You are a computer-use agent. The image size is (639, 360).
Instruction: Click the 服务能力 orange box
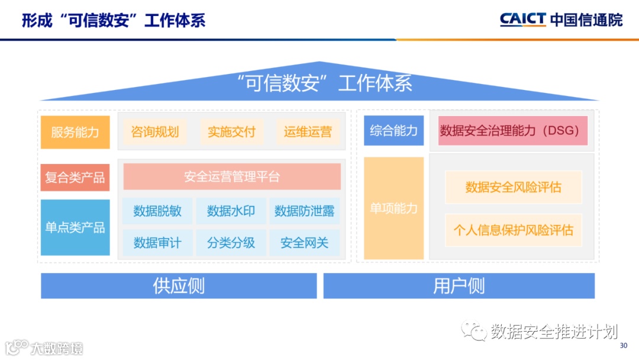pos(75,132)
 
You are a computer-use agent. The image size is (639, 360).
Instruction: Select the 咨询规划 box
pos(155,132)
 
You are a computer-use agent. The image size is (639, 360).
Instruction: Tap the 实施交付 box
pos(231,132)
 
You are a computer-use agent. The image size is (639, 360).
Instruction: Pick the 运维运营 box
pos(308,132)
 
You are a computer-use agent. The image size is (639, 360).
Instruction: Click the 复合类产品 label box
pos(75,178)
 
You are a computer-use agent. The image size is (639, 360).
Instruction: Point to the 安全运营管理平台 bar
pos(232,176)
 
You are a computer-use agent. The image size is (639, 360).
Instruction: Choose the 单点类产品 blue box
pos(75,227)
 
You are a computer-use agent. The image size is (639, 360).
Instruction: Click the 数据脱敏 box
pos(157,211)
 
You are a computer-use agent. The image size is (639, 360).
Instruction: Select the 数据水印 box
pos(231,211)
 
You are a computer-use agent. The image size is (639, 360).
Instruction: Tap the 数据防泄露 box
pos(304,211)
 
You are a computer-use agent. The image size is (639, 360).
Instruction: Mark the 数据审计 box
pos(157,243)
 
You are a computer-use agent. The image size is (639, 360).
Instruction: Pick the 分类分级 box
pos(231,243)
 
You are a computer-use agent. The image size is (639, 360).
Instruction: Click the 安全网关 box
pos(304,243)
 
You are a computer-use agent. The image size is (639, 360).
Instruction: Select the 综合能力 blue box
pos(393,131)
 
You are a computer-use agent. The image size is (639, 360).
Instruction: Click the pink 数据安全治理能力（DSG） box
pos(513,131)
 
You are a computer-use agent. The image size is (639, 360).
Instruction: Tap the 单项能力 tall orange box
pos(393,208)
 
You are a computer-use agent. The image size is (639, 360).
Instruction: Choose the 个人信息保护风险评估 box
pos(514,230)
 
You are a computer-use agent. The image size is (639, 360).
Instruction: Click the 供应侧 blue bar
pos(179,286)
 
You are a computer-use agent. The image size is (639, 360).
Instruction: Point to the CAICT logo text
pos(522,19)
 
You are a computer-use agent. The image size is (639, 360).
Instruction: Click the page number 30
pos(623,346)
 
